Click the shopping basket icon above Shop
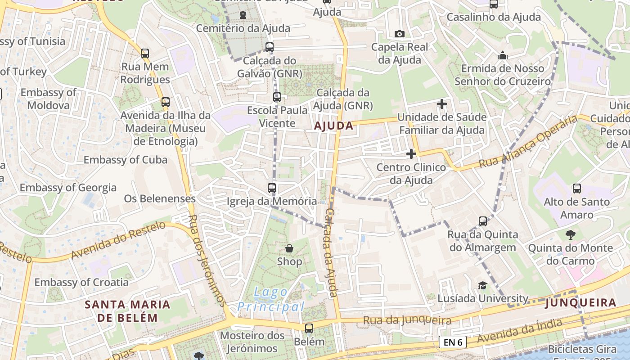tap(289, 248)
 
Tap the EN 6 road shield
tap(453, 342)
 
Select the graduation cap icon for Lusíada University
tap(482, 285)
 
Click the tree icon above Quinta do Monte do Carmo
tap(570, 234)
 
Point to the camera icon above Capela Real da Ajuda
tap(399, 34)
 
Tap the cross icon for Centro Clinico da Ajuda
tap(411, 154)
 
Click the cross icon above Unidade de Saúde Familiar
tap(442, 104)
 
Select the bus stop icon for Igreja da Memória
tap(272, 188)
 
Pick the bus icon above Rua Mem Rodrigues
tap(144, 54)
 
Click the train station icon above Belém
tap(309, 328)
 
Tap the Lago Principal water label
tap(271, 300)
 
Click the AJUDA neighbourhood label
tap(333, 126)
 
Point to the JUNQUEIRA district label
tap(580, 303)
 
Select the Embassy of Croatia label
tap(81, 283)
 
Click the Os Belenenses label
tap(160, 198)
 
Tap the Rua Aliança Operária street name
tap(527, 141)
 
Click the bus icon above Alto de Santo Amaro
tap(577, 188)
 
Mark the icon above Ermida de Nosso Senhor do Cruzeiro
tap(502, 56)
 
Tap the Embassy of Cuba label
tap(125, 160)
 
